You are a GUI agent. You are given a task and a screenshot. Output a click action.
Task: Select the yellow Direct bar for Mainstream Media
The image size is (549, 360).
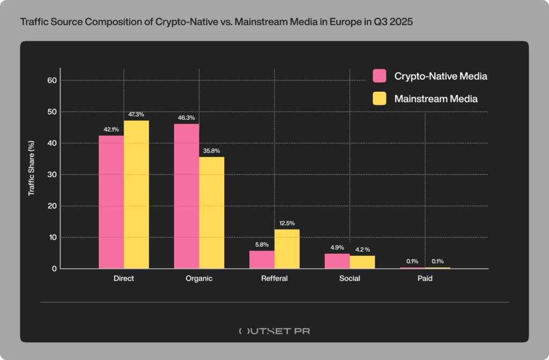pyautogui.click(x=136, y=194)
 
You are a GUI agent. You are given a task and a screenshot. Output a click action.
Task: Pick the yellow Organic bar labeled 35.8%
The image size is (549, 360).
pyautogui.click(x=212, y=212)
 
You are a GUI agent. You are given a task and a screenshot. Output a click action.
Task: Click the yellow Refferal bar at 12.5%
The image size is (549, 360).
pyautogui.click(x=287, y=249)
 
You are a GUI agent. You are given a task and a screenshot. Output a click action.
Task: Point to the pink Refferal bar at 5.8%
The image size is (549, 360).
pyautogui.click(x=262, y=260)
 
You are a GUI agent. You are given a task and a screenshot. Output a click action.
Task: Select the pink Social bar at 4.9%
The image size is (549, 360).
pyautogui.click(x=337, y=261)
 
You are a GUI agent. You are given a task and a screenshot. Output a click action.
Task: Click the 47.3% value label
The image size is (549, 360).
pyautogui.click(x=136, y=115)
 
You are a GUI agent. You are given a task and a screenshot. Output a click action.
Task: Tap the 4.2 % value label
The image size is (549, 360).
pyautogui.click(x=362, y=249)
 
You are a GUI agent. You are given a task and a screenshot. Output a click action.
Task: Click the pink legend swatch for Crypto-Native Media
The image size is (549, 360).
pyautogui.click(x=380, y=76)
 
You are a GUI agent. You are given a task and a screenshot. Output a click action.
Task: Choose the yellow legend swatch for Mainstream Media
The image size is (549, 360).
pyautogui.click(x=380, y=99)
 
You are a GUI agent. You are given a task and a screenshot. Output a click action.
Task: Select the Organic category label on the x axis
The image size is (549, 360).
pyautogui.click(x=199, y=279)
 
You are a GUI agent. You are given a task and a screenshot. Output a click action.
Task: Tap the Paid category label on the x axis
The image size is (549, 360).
pyautogui.click(x=425, y=279)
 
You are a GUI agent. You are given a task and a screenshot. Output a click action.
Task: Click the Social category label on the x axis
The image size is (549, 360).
pyautogui.click(x=350, y=279)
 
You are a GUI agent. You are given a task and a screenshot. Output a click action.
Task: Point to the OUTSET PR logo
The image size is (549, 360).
pyautogui.click(x=274, y=331)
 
